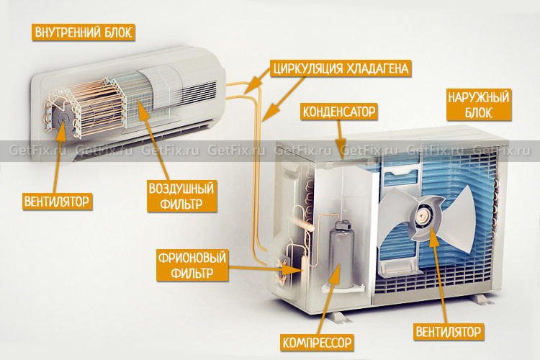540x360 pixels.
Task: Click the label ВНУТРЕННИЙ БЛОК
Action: pos(84,32)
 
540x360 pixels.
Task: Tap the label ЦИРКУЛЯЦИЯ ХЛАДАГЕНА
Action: pos(341,69)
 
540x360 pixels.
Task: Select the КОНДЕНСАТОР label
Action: pos(339,111)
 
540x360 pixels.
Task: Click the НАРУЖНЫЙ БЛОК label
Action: pos(478,104)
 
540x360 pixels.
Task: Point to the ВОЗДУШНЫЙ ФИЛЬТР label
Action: pos(182,195)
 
